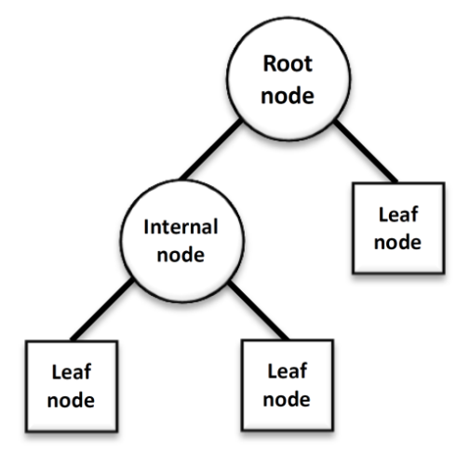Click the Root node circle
288,79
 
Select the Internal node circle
182,241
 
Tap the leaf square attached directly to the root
399,228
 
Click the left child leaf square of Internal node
72,386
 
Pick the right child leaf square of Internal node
288,385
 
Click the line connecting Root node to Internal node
211,150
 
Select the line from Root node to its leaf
366,152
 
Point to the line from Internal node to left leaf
102,309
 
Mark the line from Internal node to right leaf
259,311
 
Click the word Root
288,63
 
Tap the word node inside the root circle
288,96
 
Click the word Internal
181,227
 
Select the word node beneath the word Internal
181,255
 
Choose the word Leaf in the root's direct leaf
398,214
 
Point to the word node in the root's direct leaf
397,242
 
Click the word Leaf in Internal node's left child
72,372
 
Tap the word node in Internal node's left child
71,400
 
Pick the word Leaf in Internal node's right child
288,371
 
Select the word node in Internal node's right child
287,399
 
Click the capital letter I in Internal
146,227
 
